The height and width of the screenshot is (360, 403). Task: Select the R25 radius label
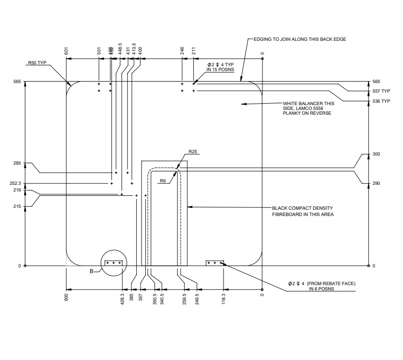pos(193,152)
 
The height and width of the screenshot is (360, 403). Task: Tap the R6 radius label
pos(163,180)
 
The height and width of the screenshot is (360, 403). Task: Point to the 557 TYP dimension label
pos(381,91)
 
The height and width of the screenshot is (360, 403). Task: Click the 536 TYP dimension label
pos(381,101)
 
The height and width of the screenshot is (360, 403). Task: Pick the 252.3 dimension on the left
pos(16,183)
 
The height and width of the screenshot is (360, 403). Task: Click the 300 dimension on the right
pos(376,154)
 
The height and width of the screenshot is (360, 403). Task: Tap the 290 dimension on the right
pos(376,183)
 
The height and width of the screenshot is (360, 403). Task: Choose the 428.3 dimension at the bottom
pos(123,298)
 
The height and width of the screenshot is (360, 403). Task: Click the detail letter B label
pos(92,272)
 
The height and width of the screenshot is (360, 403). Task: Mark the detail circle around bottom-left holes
pos(114,263)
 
